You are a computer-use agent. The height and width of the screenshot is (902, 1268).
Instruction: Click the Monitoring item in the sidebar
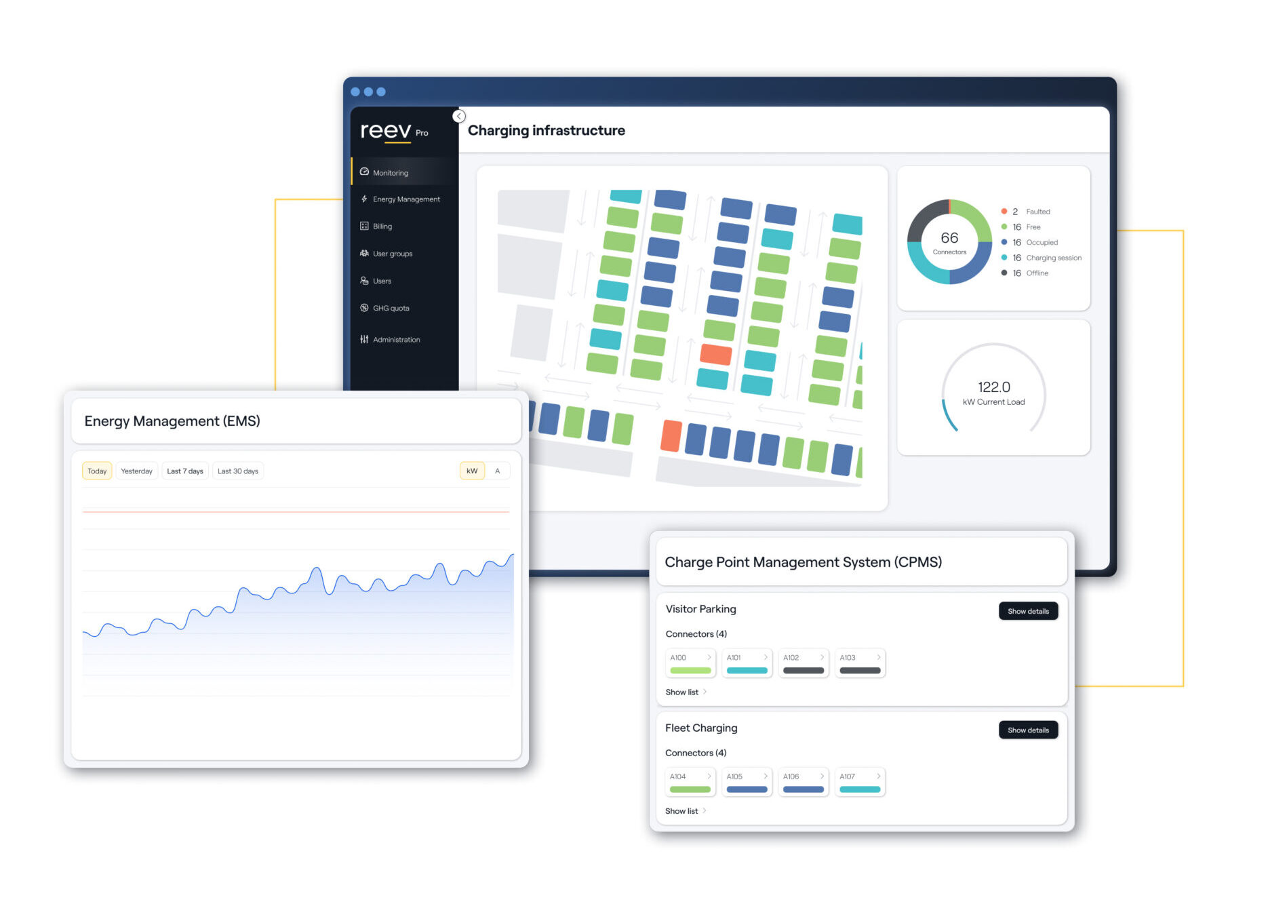click(x=384, y=172)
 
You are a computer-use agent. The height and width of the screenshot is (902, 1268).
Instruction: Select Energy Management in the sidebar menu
click(x=400, y=199)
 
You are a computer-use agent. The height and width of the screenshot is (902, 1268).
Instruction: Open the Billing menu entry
click(x=376, y=227)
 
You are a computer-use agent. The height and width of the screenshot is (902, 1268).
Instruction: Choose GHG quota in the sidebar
click(x=384, y=308)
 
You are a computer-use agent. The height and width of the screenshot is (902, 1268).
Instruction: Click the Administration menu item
click(x=390, y=340)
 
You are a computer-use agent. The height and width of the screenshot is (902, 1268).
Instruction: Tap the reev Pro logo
click(x=394, y=130)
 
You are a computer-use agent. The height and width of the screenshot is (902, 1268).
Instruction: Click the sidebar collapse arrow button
click(x=459, y=116)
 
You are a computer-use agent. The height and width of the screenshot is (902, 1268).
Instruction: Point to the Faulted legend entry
click(x=1025, y=212)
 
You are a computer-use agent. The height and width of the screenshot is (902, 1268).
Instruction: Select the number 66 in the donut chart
click(x=949, y=238)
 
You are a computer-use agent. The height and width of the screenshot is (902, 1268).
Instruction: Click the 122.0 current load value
click(x=994, y=387)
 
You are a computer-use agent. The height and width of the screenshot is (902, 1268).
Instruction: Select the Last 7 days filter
click(x=185, y=471)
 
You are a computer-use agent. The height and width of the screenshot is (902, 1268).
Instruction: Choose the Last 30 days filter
click(x=238, y=471)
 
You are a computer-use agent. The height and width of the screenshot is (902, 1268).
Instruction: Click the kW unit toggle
click(x=472, y=471)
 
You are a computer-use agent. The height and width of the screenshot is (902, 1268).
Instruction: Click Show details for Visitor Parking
click(x=1028, y=611)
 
